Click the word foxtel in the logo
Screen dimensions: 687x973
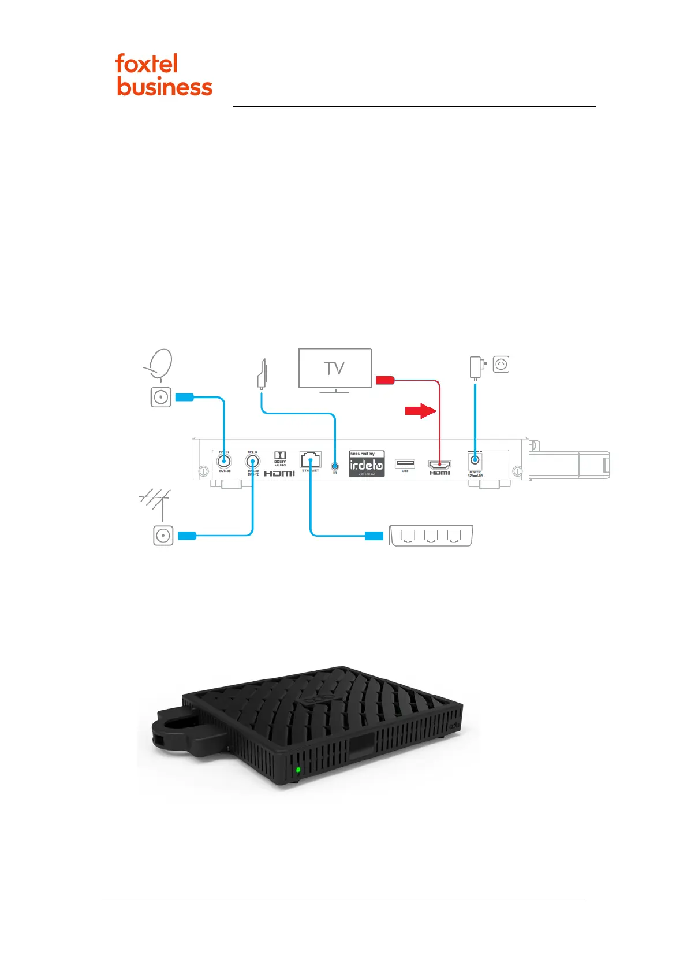coord(146,64)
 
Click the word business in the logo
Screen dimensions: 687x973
coord(165,87)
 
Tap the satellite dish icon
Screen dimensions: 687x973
coord(159,363)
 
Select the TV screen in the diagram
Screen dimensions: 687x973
coord(335,368)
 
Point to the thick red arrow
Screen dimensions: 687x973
coord(420,411)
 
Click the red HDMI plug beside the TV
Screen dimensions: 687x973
coord(385,380)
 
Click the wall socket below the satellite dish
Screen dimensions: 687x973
coord(161,398)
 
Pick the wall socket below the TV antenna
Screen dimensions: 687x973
coord(163,536)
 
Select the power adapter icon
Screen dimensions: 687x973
coord(476,367)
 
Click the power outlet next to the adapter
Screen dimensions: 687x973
coord(501,365)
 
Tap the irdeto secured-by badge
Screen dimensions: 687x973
coord(367,464)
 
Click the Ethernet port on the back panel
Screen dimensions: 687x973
coord(310,460)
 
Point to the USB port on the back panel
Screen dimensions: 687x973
coord(405,463)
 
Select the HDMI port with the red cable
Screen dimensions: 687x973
coord(439,464)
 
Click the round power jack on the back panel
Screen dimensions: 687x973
coord(475,460)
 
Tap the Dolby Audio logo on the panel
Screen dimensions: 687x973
coord(280,458)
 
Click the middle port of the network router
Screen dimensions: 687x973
coord(431,536)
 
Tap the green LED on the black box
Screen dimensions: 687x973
coord(298,770)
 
